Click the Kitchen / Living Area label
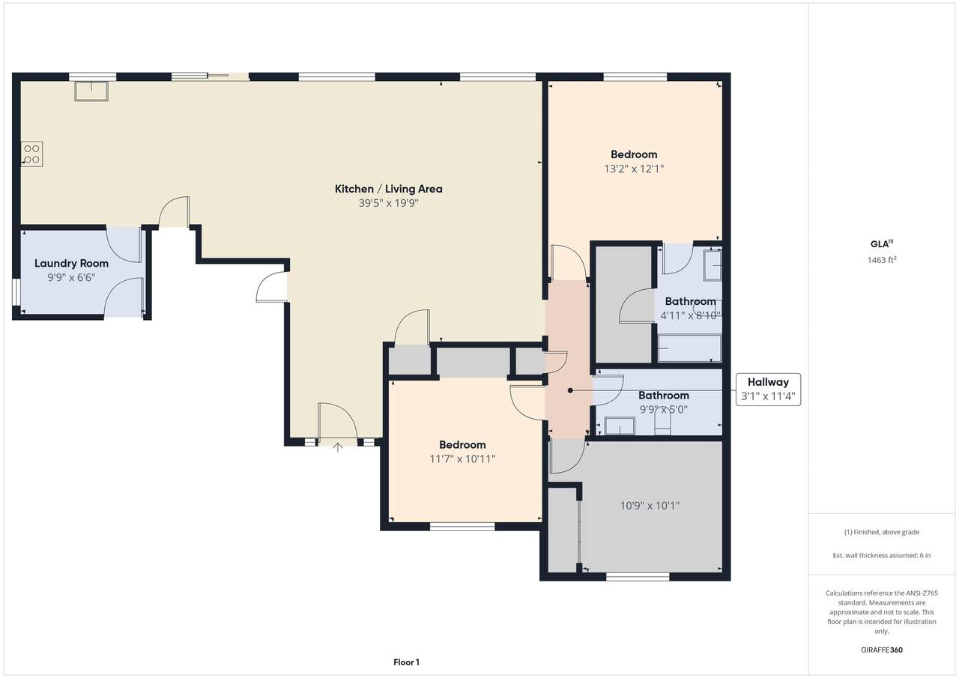388,189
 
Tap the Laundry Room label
71,263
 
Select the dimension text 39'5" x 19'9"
388,203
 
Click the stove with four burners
31,154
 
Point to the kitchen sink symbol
91,91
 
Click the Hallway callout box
768,390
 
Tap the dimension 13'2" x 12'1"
634,169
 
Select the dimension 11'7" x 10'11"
462,458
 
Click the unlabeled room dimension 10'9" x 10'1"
650,506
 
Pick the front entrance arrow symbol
338,447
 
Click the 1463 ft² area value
882,260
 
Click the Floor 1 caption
406,662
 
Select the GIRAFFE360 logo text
882,650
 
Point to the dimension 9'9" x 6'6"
71,278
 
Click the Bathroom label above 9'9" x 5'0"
664,395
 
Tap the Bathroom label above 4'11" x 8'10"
690,301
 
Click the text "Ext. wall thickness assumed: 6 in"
882,555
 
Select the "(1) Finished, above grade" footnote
882,532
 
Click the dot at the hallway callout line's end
570,390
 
